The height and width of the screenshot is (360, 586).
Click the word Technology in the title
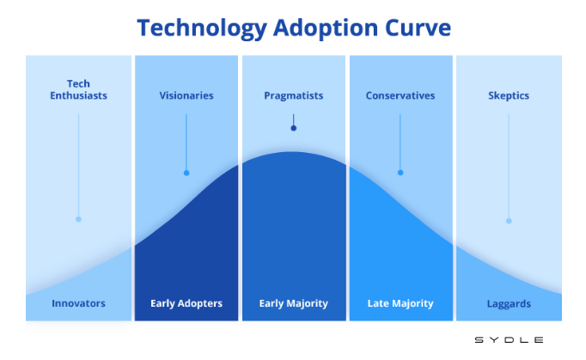[x=202, y=29]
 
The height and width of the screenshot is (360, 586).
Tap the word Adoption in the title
[x=326, y=29]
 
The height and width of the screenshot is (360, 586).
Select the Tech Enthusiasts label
[x=78, y=89]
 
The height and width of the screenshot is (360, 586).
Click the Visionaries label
[x=186, y=95]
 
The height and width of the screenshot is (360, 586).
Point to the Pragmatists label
[x=294, y=96]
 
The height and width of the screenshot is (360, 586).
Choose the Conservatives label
[x=400, y=95]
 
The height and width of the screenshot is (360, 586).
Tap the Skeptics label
[x=509, y=96]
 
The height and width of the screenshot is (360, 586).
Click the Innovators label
[x=78, y=303]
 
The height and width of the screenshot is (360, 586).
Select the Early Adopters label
[x=186, y=303]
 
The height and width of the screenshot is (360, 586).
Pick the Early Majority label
[x=294, y=303]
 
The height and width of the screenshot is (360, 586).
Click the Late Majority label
[x=400, y=303]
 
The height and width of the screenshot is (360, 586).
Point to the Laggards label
[x=509, y=304]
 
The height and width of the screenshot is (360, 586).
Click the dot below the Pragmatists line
[x=294, y=128]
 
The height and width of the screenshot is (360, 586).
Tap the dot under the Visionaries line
[x=186, y=173]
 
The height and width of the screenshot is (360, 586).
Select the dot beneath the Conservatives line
[x=400, y=173]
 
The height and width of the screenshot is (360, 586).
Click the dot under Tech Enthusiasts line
[x=78, y=219]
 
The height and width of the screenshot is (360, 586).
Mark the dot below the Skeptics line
[x=509, y=221]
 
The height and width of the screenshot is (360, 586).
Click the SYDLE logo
[x=509, y=340]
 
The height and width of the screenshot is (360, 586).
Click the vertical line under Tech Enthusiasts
[x=78, y=165]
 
